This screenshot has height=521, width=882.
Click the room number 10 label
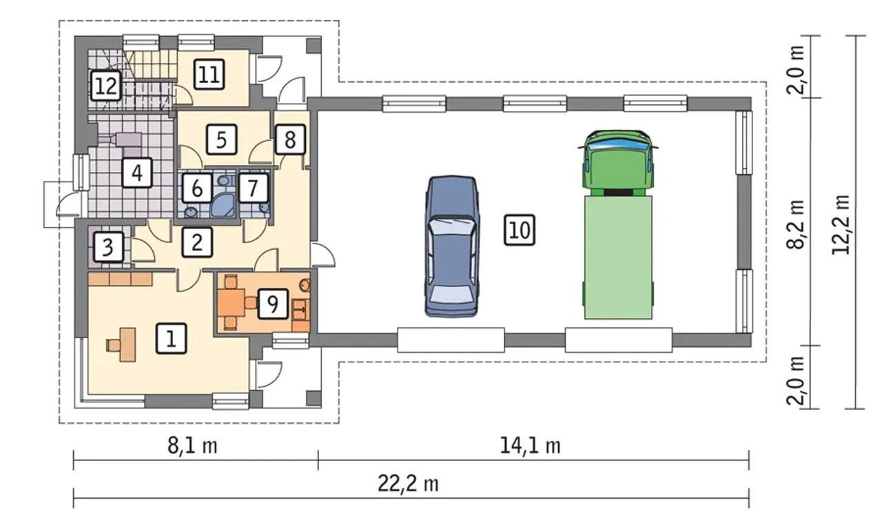[520, 230]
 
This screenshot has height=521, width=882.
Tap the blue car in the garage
[451, 246]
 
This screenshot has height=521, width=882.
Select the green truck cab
[618, 163]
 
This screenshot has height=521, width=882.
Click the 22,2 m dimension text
[408, 484]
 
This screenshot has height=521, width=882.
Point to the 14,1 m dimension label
[530, 446]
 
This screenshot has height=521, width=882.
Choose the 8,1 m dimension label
[192, 446]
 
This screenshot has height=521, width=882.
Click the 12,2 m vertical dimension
[841, 224]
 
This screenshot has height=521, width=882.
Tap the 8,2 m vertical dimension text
[796, 225]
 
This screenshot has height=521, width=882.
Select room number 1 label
[172, 338]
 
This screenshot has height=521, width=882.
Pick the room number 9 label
[273, 304]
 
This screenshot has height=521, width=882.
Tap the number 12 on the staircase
[106, 86]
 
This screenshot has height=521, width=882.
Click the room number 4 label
[137, 173]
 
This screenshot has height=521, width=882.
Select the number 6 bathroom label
[197, 188]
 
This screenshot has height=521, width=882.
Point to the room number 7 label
[253, 188]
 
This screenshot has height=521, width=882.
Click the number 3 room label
[108, 247]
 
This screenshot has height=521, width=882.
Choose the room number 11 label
[209, 75]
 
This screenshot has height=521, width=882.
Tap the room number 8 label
[290, 139]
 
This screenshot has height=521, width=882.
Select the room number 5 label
[221, 139]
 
